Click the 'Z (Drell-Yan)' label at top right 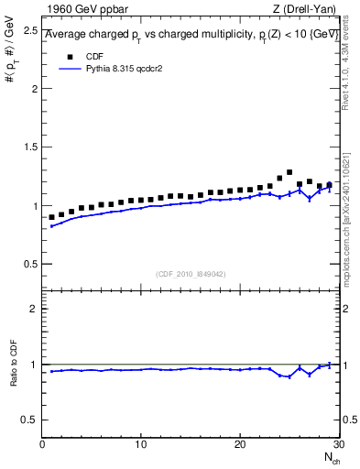click(303, 9)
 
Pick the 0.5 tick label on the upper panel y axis click(28, 264)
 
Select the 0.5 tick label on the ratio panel click(28, 420)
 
